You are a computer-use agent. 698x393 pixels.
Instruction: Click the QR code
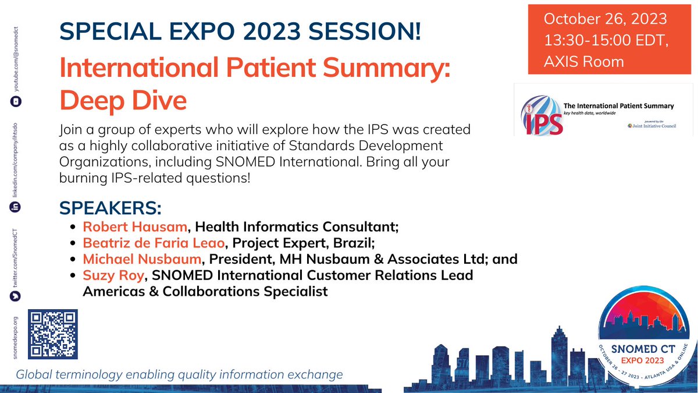click(54, 334)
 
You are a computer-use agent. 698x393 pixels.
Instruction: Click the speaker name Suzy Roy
click(113, 274)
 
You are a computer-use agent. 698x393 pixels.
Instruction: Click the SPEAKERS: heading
click(111, 208)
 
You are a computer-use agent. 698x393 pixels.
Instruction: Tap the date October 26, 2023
click(605, 19)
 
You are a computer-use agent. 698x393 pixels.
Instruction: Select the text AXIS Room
click(584, 61)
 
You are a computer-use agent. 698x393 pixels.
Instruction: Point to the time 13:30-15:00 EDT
click(605, 40)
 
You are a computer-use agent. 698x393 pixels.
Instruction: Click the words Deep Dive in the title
click(123, 100)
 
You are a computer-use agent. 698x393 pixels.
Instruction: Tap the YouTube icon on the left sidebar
click(16, 101)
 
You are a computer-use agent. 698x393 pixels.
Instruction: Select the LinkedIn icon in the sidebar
click(16, 207)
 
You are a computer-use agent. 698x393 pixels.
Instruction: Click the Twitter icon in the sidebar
click(16, 296)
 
